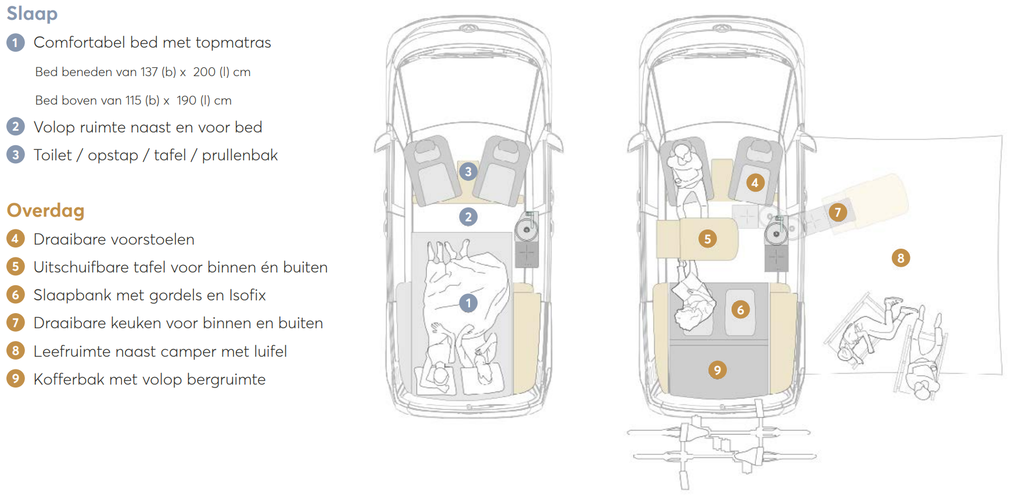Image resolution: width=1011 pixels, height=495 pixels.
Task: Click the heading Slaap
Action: point(32,14)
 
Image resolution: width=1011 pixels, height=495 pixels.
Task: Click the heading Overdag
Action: point(45,210)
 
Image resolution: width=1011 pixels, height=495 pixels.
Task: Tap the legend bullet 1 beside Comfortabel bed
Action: point(16,42)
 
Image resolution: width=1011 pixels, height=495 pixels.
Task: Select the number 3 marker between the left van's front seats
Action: point(468,171)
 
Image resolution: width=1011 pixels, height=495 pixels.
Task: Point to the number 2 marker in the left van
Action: point(468,217)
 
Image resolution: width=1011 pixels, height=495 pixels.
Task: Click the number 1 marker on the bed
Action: point(468,303)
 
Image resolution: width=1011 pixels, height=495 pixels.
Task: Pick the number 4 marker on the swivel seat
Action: point(755,183)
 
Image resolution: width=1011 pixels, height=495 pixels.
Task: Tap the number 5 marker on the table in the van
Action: point(708,238)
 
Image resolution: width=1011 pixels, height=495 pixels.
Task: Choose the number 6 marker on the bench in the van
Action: point(740,310)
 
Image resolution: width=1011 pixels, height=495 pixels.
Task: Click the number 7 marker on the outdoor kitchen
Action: point(838,212)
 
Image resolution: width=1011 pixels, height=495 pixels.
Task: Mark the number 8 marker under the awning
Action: point(901,258)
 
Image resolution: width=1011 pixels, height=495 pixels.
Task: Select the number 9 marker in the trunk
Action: point(718,370)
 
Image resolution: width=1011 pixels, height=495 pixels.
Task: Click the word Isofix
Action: point(247,295)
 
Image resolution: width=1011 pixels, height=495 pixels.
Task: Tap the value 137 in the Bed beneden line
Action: point(149,72)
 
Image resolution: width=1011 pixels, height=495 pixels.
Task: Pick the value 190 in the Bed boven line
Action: point(187,101)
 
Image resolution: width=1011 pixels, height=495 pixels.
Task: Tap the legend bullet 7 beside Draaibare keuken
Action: point(16,323)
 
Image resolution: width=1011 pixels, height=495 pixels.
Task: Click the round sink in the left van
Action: point(526,229)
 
